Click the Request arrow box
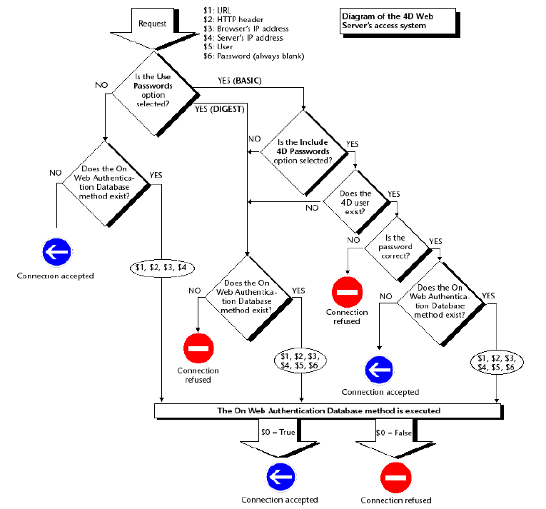152,23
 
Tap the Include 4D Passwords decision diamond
303,151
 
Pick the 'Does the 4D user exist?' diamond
355,202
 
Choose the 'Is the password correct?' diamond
397,247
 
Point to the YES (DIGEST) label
220,109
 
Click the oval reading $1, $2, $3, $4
161,268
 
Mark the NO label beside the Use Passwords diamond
101,85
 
